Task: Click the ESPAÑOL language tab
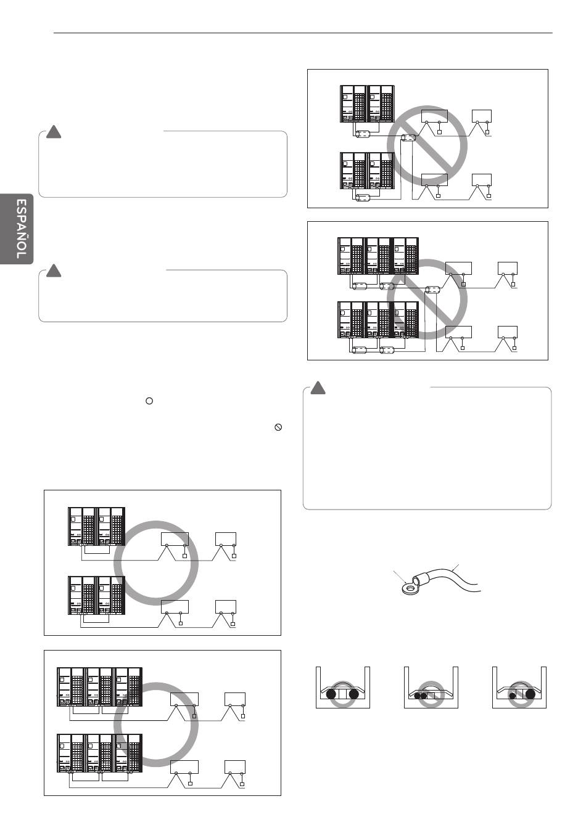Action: click(17, 229)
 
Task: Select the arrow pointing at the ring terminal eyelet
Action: click(400, 577)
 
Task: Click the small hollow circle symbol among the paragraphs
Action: click(149, 400)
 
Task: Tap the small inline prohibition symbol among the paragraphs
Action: click(278, 427)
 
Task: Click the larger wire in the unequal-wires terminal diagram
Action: click(530, 694)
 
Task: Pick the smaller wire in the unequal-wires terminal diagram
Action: click(513, 696)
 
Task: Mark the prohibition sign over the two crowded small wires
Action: click(431, 694)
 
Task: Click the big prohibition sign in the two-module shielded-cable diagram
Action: click(427, 145)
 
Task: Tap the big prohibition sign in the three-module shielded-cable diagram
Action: click(427, 299)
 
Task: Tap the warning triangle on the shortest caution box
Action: click(54, 270)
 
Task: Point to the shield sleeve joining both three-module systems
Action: click(432, 290)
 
